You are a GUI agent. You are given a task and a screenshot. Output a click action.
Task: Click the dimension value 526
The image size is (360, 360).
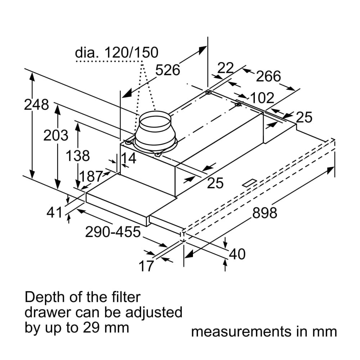coord(167,70)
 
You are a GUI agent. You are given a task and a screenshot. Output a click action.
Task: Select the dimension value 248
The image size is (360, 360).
coord(36,105)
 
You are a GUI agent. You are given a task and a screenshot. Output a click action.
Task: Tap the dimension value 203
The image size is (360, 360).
coord(55,136)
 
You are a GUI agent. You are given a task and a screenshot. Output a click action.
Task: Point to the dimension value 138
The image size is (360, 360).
coord(77,156)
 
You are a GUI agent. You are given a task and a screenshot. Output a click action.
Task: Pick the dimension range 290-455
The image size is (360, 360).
coord(113,232)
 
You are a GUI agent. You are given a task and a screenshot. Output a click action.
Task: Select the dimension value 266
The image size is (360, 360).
coord(268,76)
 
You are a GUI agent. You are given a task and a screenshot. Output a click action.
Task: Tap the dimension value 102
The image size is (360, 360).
coord(262,98)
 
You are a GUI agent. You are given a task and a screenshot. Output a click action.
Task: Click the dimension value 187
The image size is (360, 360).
coord(91,176)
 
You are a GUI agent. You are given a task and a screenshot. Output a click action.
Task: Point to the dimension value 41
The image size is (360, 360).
coord(55,213)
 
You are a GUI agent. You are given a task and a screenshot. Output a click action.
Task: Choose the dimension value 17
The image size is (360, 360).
coord(146,266)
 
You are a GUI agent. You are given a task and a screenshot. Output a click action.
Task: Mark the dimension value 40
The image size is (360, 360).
coord(237,255)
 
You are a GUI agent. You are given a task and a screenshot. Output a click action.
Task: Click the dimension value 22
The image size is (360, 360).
coord(226,68)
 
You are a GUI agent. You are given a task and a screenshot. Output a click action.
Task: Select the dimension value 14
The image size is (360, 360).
coord(129,158)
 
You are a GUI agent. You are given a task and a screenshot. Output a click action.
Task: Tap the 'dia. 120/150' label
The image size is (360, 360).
coord(116,53)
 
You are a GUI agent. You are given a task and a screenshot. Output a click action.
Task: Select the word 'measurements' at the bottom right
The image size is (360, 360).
coord(241,332)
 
